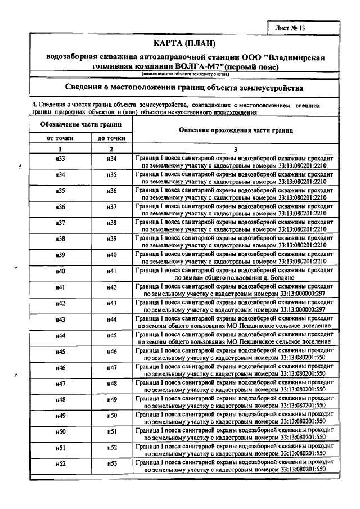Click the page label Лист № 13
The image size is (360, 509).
291,27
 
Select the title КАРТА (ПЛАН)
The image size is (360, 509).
184,44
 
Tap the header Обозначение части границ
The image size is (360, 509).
81,123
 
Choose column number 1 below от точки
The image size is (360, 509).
59,149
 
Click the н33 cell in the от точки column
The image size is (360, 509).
60,159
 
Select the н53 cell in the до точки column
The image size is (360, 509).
111,463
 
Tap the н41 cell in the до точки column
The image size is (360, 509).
111,271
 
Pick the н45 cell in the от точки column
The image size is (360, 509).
60,352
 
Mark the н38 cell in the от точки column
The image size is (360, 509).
60,239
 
